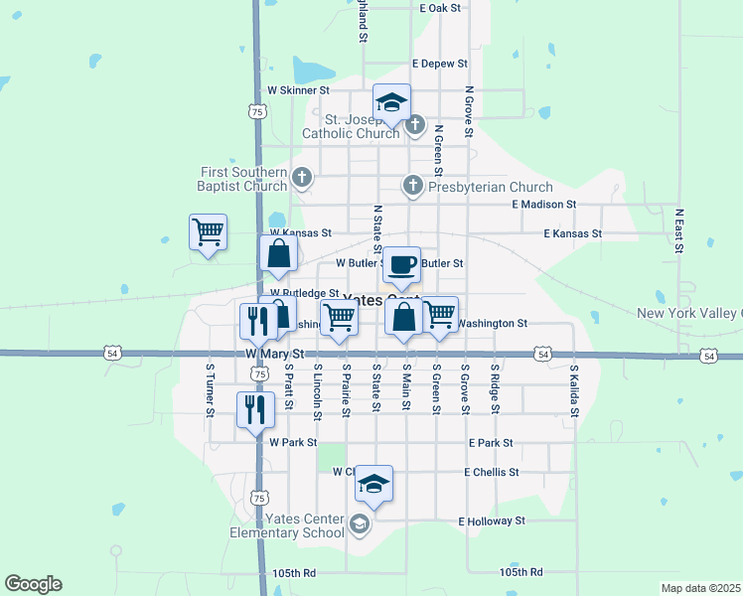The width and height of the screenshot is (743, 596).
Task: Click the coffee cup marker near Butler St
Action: [402, 265]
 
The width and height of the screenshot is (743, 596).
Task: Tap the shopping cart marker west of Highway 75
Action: [208, 232]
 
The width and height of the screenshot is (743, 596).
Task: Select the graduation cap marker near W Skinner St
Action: [391, 102]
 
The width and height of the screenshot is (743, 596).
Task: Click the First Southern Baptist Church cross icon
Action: [303, 179]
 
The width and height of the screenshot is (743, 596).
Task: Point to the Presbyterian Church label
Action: [490, 187]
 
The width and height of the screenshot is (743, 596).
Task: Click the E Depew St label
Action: [438, 64]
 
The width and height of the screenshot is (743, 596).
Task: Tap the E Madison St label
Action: [543, 204]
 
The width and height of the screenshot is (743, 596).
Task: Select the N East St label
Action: [680, 231]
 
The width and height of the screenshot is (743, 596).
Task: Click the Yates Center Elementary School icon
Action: [359, 523]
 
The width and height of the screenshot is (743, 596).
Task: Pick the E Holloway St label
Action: [491, 521]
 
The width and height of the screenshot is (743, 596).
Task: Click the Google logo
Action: [33, 584]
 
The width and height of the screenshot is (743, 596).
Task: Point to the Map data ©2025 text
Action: [700, 588]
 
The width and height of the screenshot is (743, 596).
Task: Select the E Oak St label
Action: [440, 7]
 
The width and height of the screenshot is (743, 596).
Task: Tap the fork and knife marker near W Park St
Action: [254, 408]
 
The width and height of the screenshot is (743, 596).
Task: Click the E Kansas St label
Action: [572, 233]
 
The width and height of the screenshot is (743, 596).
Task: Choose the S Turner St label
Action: [210, 389]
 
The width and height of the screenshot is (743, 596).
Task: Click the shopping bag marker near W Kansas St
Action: [279, 254]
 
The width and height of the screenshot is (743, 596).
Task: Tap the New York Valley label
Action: [688, 313]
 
